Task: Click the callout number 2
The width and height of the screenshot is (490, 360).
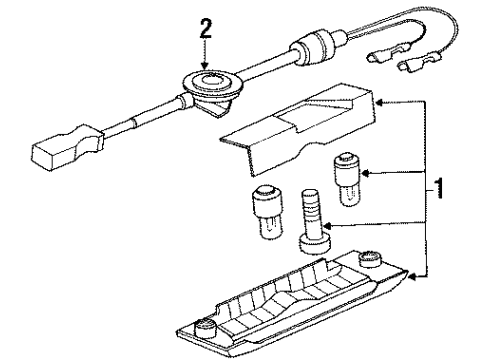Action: [x=205, y=28]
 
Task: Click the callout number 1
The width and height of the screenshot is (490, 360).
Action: [x=440, y=189]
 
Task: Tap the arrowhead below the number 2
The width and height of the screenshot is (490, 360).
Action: [x=205, y=66]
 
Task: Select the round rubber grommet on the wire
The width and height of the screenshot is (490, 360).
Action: [x=209, y=82]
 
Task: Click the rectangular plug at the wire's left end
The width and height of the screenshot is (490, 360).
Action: [x=66, y=148]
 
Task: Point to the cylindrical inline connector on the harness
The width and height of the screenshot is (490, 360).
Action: [x=313, y=48]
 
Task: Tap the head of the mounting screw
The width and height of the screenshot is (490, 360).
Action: [x=315, y=244]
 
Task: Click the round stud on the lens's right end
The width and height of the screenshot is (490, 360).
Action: [x=369, y=258]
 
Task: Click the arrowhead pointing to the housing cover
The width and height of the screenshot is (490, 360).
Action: [x=379, y=102]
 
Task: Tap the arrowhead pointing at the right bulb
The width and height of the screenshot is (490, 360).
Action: [x=366, y=173]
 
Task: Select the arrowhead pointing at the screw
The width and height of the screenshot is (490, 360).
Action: [x=328, y=226]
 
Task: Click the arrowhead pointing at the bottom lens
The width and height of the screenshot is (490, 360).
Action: [x=413, y=276]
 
